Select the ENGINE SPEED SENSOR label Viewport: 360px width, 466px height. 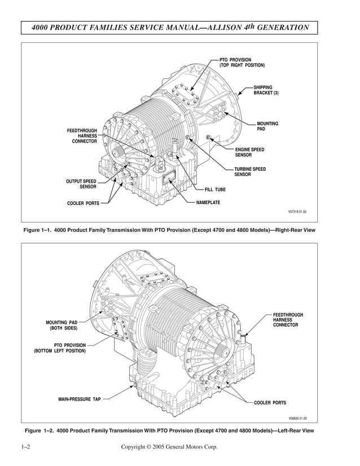[x=249, y=152]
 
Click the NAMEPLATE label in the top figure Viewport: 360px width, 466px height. [x=208, y=202]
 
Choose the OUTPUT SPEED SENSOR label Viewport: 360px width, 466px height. [x=81, y=184]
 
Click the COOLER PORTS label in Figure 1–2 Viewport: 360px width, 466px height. [x=270, y=403]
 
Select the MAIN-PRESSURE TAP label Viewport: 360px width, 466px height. [x=80, y=399]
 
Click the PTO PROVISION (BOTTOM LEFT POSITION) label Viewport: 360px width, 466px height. [x=60, y=348]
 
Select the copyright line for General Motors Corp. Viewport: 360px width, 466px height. [x=169, y=447]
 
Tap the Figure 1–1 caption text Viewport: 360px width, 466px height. [x=169, y=230]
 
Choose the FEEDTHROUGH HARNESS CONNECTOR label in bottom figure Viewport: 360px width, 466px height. [x=288, y=320]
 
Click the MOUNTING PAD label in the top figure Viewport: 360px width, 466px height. [x=267, y=126]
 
